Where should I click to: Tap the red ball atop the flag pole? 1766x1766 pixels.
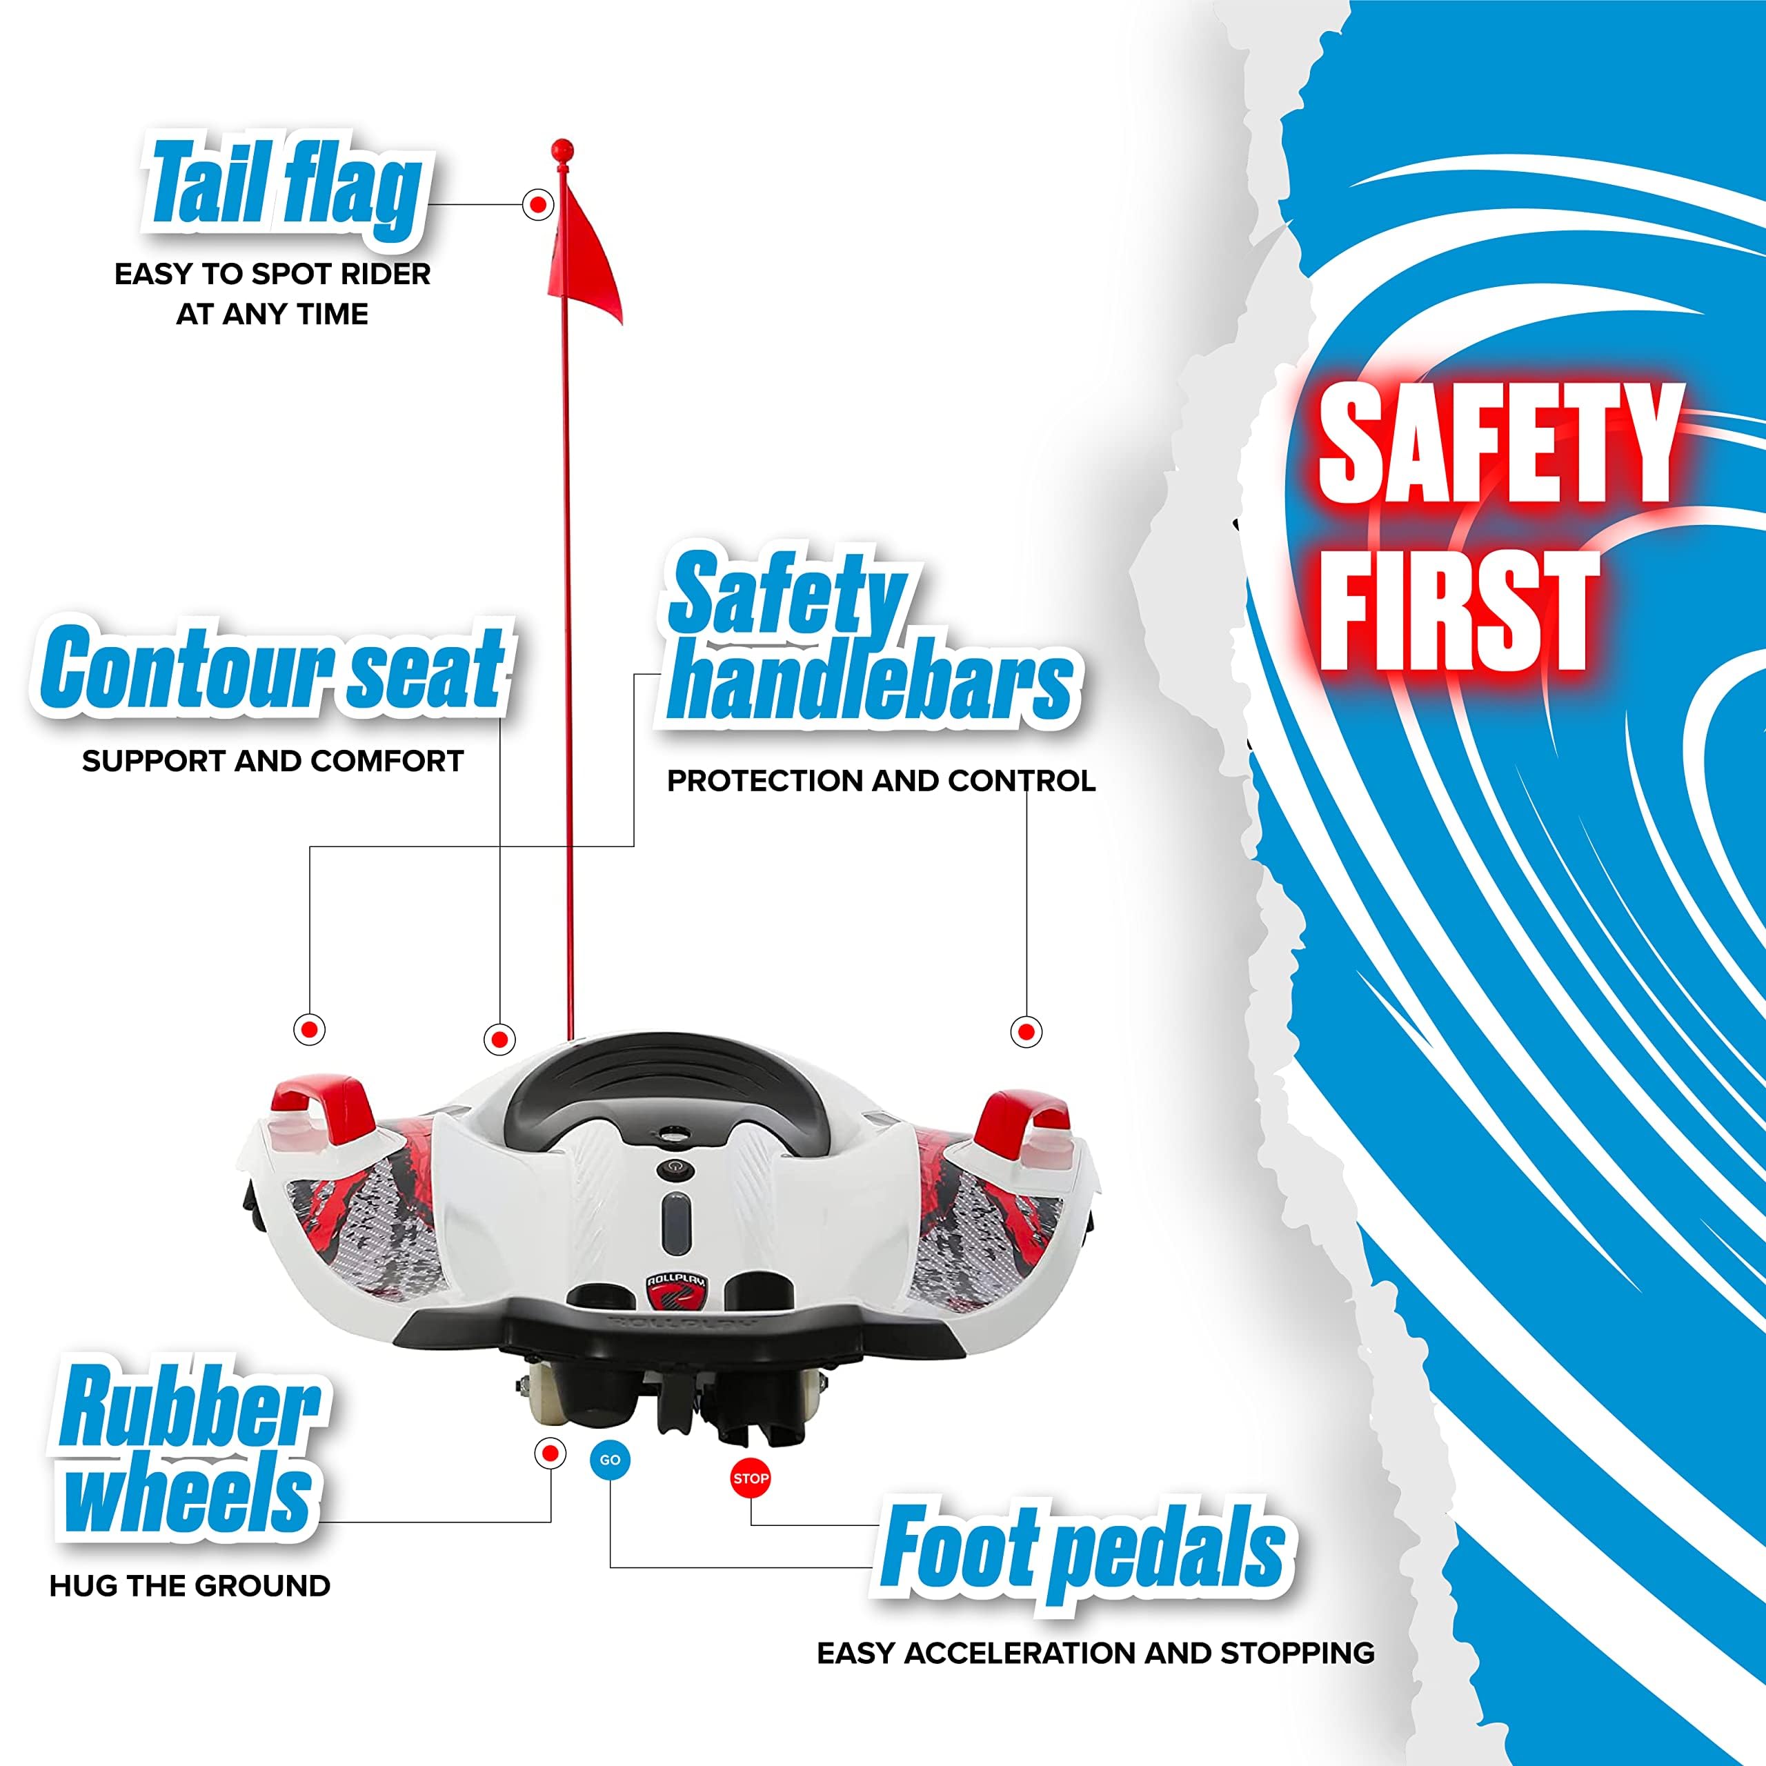(x=563, y=149)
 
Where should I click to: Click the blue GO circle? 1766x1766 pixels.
(x=610, y=1460)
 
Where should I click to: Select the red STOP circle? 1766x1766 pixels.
(x=751, y=1478)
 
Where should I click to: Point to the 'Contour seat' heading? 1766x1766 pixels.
(x=272, y=667)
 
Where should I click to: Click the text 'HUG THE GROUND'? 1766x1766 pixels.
(x=190, y=1586)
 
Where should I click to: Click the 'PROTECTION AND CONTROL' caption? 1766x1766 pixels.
(x=881, y=781)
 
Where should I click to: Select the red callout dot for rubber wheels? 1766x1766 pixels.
(x=549, y=1453)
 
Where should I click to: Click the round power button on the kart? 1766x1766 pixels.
(x=673, y=1167)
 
